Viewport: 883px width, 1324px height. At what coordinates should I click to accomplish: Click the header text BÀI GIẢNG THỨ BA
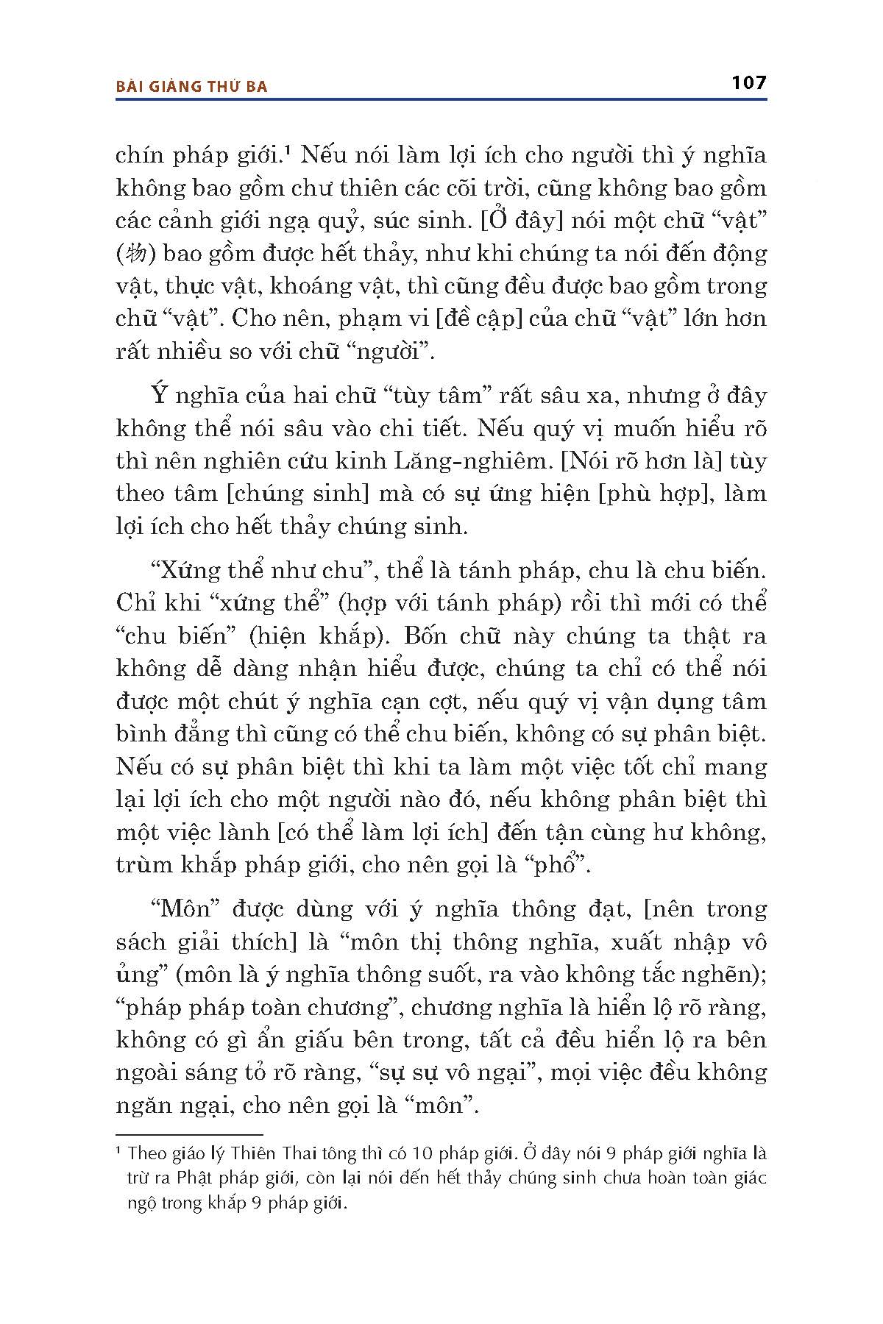coord(192,87)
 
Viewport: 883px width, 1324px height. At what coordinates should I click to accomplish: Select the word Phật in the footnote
coord(194,1178)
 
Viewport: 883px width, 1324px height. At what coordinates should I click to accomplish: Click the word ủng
coord(137,975)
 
